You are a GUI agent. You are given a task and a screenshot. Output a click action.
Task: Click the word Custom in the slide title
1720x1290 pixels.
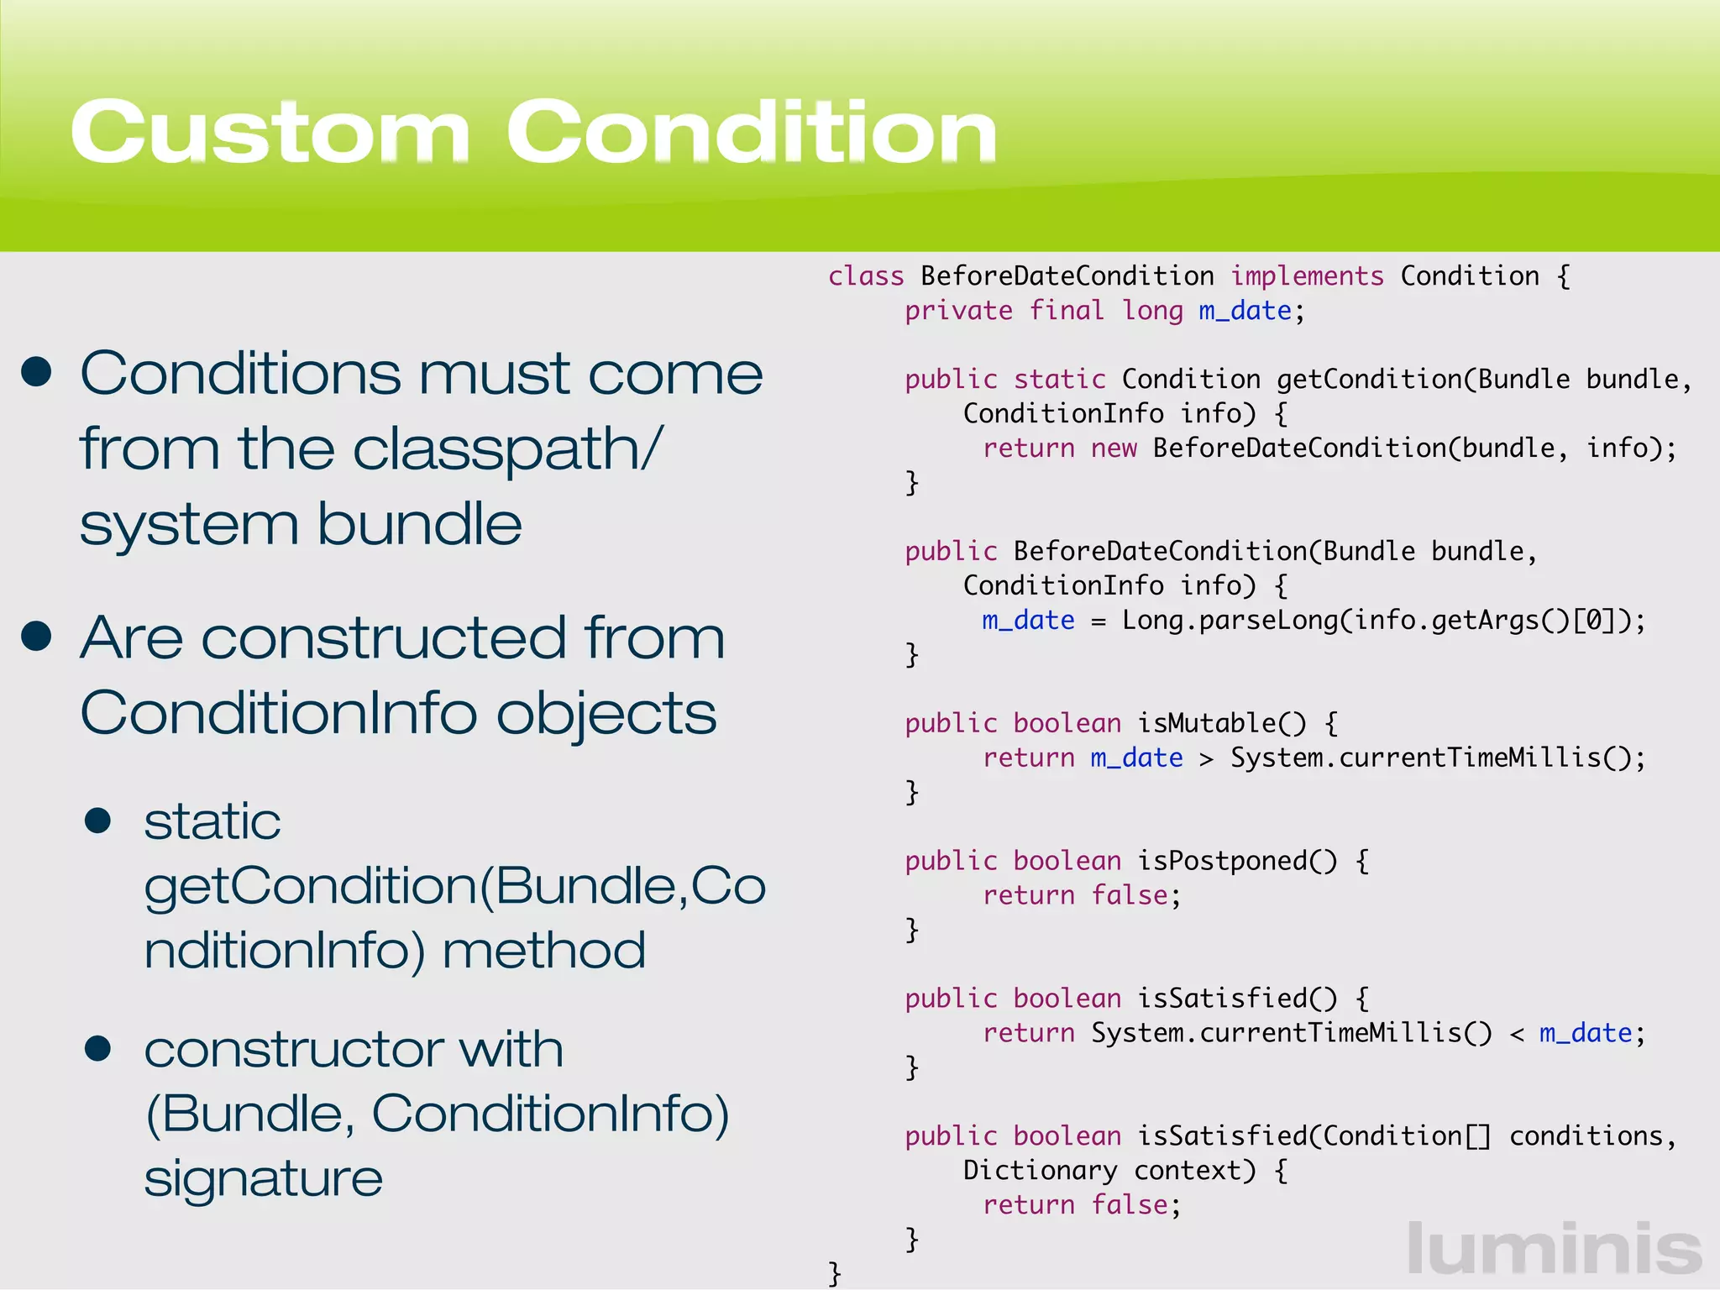pos(269,132)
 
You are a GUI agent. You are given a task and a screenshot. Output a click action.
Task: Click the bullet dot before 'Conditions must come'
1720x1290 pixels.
pos(37,372)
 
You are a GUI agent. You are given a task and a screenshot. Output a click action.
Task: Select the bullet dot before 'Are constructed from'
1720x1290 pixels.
pos(37,637)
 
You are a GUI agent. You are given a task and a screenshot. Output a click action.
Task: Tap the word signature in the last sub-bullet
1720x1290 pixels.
pos(263,1177)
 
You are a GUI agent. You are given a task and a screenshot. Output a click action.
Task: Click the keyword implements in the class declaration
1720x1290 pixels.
pos(1307,276)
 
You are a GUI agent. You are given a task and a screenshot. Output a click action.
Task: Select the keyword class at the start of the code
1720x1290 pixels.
pos(866,276)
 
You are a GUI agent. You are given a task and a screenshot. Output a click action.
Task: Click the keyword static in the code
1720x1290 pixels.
pos(1059,380)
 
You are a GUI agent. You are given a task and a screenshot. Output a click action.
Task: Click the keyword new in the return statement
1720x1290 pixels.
pos(1114,448)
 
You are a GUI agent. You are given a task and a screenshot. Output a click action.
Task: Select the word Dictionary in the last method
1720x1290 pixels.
pos(1040,1171)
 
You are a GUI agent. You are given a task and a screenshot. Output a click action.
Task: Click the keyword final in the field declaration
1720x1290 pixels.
pos(1067,311)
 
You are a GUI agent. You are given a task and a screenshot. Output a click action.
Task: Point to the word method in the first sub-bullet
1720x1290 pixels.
pos(543,950)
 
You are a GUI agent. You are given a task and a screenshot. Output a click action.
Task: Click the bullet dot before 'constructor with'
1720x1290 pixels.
pos(98,1048)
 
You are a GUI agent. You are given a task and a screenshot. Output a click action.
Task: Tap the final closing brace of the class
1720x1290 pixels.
pos(834,1272)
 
